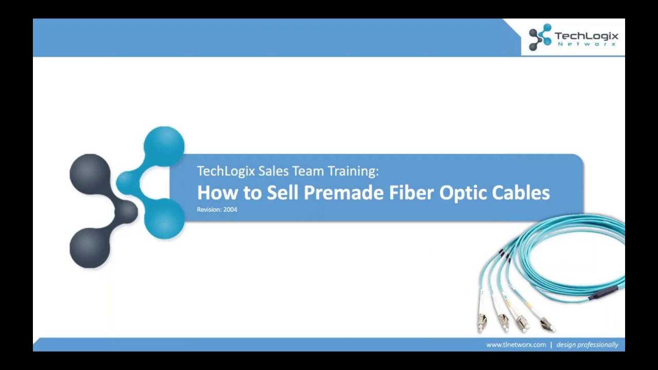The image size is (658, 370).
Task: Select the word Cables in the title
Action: click(x=521, y=193)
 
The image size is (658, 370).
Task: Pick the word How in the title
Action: click(x=214, y=193)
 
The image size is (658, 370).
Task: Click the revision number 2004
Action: click(x=230, y=210)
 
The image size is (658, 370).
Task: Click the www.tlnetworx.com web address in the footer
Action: click(x=516, y=345)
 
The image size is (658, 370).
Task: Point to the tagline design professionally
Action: click(x=587, y=345)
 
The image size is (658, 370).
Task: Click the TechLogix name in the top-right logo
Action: click(x=586, y=36)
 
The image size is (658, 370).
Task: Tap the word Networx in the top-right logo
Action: click(x=587, y=45)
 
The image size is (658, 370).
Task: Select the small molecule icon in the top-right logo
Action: click(x=540, y=37)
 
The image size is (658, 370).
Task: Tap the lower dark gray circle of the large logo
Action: click(x=90, y=248)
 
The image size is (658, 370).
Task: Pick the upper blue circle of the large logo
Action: click(x=164, y=146)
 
